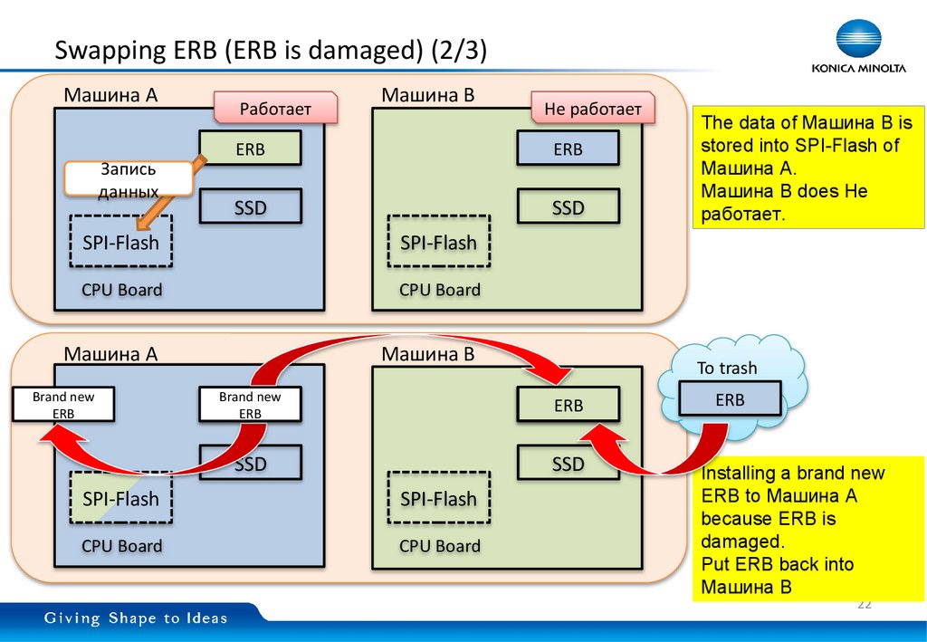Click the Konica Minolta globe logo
coord(857,39)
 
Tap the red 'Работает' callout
coord(275,110)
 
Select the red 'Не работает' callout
coord(592,110)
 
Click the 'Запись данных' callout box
coord(129,178)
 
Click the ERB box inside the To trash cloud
coord(730,398)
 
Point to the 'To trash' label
coord(727,368)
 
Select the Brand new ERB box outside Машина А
coord(63,404)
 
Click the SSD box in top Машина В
coord(569,207)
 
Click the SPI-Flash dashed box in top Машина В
coord(438,242)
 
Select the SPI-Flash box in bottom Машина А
coord(120,497)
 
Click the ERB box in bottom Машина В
coord(569,405)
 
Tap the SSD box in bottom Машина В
coord(569,464)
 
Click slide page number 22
coord(864,604)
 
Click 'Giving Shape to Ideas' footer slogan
coord(137,618)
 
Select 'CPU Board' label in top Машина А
coord(121,290)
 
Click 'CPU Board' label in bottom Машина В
coord(439,546)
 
